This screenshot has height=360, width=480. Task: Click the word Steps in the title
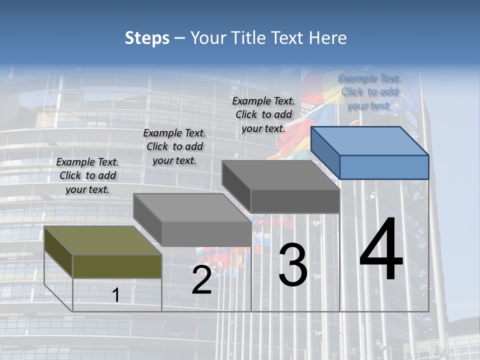pyautogui.click(x=147, y=38)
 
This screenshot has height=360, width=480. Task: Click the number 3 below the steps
pyautogui.click(x=292, y=265)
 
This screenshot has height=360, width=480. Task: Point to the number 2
pyautogui.click(x=201, y=280)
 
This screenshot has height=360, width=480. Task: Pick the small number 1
pyautogui.click(x=116, y=295)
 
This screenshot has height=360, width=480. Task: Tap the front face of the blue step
pyautogui.click(x=384, y=167)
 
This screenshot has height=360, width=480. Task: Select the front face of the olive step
pyautogui.click(x=117, y=266)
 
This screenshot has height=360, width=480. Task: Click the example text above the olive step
pyautogui.click(x=87, y=175)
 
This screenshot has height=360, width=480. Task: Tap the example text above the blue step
pyautogui.click(x=369, y=91)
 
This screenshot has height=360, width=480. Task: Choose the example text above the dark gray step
pyautogui.click(x=263, y=114)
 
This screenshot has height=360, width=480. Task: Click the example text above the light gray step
pyautogui.click(x=174, y=146)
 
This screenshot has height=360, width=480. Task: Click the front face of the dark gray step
pyautogui.click(x=295, y=201)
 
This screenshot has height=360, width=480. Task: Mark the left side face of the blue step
pyautogui.click(x=325, y=152)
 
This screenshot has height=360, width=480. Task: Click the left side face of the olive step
pyautogui.click(x=58, y=251)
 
